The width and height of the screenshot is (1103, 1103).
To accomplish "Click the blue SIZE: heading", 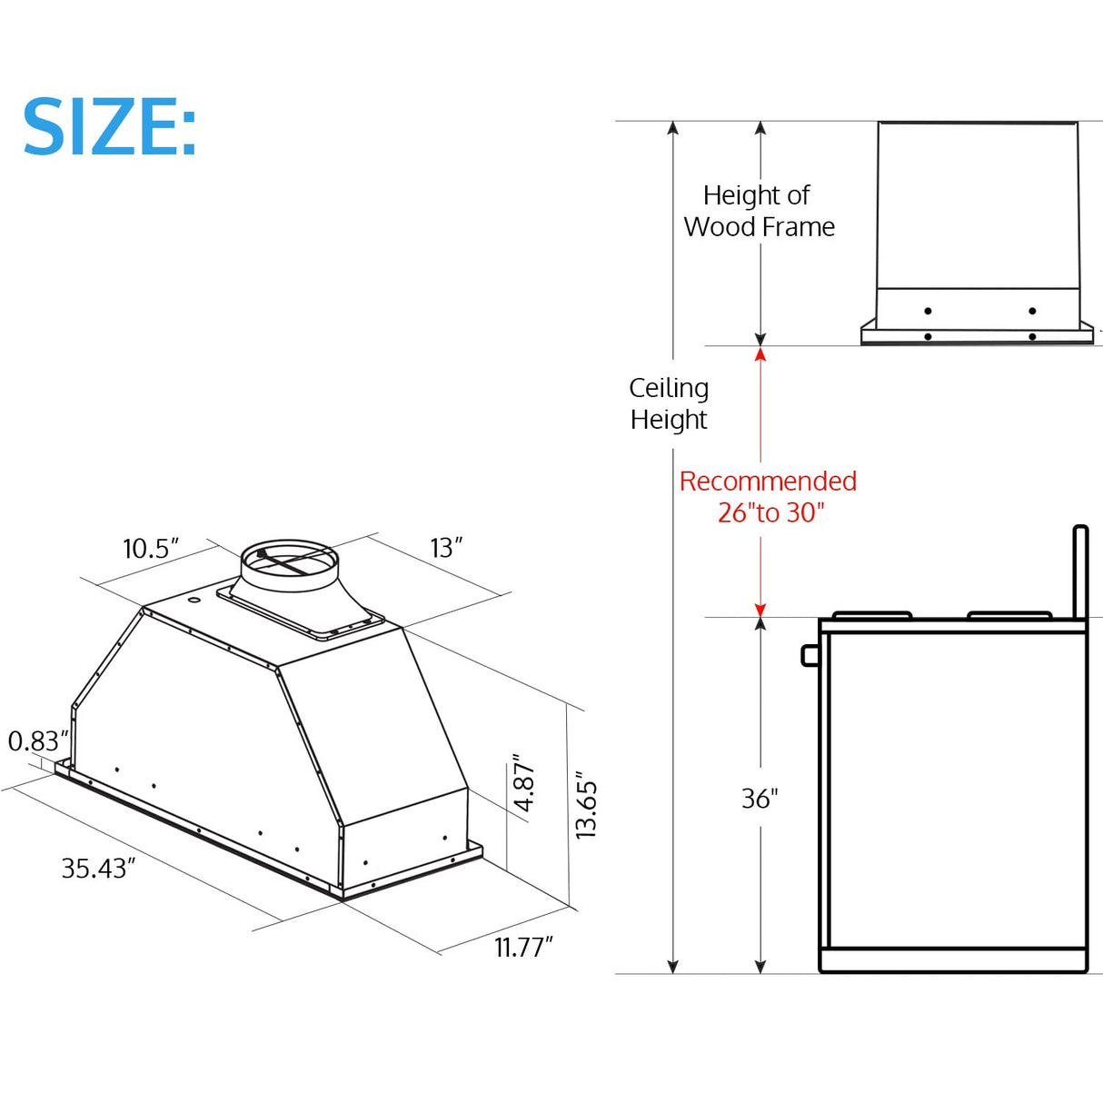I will point(109,127).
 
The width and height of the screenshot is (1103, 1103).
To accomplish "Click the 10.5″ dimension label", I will point(150,549).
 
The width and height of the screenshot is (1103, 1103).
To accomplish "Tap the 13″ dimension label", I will point(446,548).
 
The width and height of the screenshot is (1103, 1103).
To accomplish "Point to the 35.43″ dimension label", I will point(98,869).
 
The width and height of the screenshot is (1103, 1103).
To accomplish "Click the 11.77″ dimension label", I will point(523,948).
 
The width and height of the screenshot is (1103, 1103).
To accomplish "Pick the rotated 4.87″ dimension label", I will point(524,782).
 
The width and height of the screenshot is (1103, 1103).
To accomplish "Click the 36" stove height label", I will point(760,799).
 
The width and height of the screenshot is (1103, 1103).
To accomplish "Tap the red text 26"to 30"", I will point(770,512).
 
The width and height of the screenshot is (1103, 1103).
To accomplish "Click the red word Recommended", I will point(768,481).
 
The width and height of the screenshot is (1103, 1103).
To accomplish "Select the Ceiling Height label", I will point(669,403).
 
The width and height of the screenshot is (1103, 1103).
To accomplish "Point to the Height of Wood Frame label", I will point(759,211).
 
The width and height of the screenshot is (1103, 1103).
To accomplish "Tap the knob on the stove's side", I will point(810,655).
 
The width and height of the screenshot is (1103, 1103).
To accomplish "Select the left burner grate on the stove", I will point(871,616).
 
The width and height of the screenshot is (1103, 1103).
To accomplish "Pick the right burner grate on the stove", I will point(1009,616).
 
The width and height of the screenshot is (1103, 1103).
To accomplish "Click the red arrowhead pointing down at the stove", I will point(760,610).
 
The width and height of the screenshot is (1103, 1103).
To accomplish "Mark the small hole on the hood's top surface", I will point(194,600).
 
